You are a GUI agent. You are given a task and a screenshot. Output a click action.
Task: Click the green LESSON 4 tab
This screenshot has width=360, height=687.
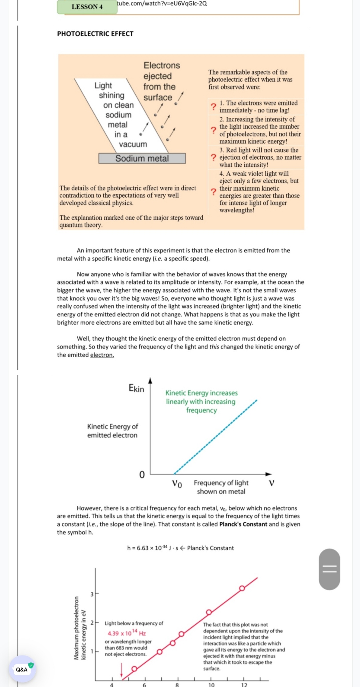point(87,7)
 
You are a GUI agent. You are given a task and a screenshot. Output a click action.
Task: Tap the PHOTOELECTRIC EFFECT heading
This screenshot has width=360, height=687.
point(95,34)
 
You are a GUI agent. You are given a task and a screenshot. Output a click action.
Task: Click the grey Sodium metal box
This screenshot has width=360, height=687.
point(142,158)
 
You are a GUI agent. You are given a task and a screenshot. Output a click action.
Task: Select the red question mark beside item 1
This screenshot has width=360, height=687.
point(213,107)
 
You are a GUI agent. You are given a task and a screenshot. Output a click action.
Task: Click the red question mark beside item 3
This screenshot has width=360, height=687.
point(213,157)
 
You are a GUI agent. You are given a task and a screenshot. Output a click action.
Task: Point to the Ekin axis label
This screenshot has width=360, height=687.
point(136,388)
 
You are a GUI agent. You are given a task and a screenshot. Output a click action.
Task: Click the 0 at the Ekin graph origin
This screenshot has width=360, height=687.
point(142,475)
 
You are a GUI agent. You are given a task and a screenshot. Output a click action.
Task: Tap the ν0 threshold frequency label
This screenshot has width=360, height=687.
point(177,483)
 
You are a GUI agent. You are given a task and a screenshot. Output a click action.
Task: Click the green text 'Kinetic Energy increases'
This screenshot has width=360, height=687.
point(201,393)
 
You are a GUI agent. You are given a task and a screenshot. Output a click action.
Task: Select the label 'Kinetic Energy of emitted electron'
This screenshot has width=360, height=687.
point(112,431)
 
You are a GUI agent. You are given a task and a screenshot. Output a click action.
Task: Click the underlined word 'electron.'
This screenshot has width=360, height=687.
point(102,355)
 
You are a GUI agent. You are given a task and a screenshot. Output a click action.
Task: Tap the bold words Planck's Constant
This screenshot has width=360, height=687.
point(243,524)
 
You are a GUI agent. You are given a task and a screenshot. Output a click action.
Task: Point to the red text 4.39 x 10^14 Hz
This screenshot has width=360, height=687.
point(127,633)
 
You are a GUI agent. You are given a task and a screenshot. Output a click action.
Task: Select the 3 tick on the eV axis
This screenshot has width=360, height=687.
point(92,594)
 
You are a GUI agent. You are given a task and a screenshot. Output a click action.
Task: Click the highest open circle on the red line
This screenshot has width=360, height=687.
point(242,588)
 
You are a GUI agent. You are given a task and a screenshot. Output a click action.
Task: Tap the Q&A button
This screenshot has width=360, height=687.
point(22,669)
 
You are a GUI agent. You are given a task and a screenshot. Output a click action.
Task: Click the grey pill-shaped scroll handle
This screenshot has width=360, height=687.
point(329,569)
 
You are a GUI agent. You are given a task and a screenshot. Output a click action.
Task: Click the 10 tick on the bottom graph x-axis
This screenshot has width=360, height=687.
point(211,684)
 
